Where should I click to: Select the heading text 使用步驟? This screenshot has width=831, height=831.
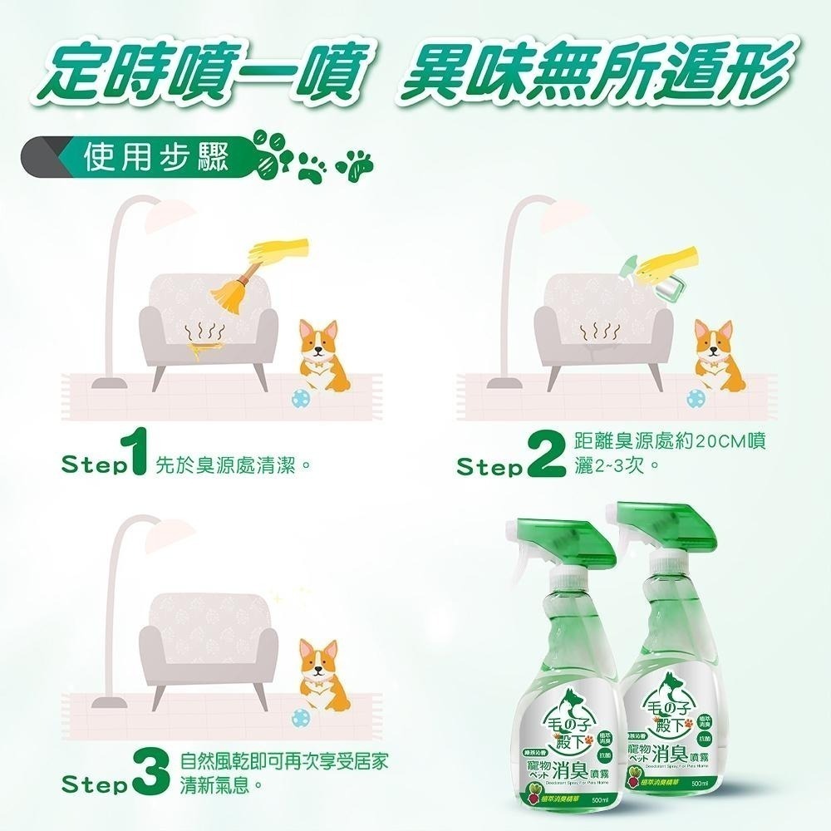(x=156, y=156)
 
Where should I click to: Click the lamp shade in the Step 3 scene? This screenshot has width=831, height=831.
(x=166, y=536)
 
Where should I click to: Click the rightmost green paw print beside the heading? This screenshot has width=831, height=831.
(x=358, y=165)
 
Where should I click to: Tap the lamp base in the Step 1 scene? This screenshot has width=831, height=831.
(x=108, y=384)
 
